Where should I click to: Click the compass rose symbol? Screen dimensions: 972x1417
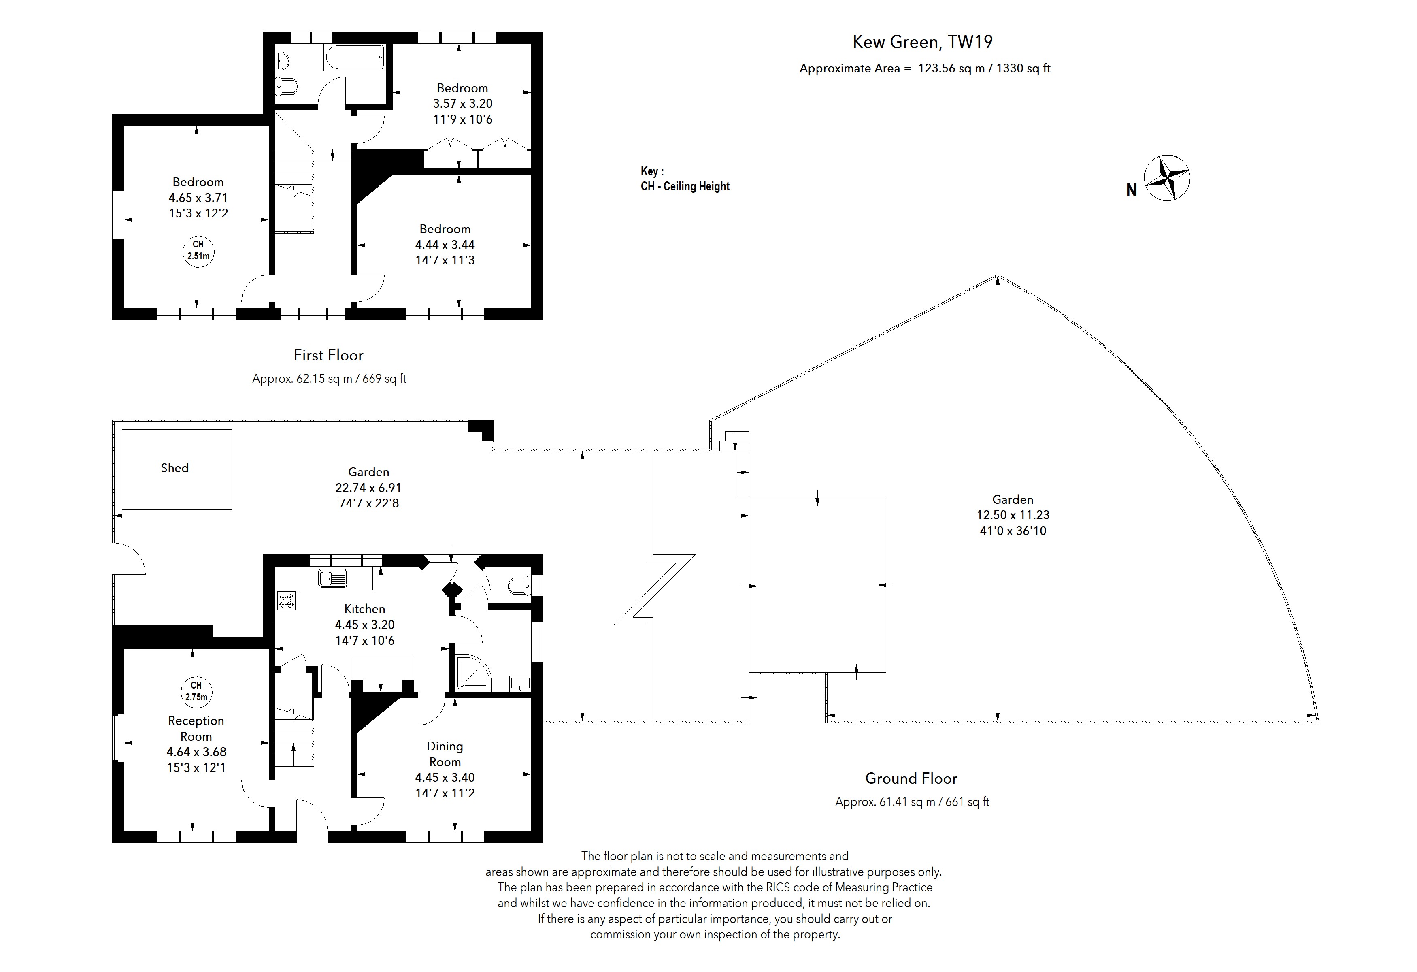(1166, 178)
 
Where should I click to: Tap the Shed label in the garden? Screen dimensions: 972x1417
(174, 468)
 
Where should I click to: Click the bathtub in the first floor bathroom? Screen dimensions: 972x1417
(354, 58)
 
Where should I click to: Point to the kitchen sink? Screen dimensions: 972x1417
(332, 578)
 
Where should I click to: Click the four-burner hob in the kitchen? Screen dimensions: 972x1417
(286, 601)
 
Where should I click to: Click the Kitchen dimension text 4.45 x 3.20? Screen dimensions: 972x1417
(365, 625)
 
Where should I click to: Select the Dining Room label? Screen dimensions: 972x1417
(445, 754)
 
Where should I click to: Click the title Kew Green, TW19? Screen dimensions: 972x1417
(922, 42)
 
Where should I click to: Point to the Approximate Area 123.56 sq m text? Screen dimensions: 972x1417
(924, 68)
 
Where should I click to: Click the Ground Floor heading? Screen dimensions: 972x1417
(911, 778)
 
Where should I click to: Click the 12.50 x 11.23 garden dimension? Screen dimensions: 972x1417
(1013, 515)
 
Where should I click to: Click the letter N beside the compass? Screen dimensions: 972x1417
(1131, 191)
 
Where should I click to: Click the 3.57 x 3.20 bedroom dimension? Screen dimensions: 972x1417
(462, 104)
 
